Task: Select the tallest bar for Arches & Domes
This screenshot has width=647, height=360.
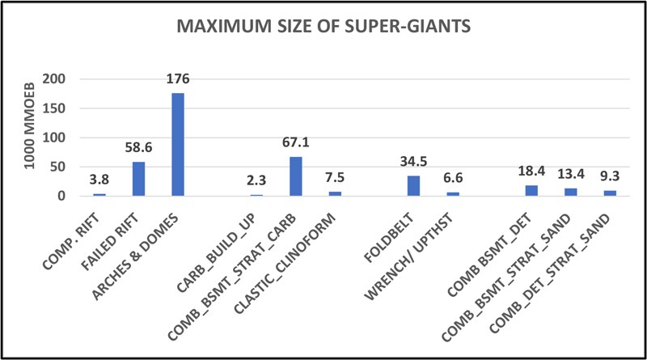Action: coord(178,145)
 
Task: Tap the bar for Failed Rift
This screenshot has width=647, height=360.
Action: coord(138,179)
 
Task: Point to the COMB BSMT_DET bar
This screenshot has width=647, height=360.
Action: coord(531,191)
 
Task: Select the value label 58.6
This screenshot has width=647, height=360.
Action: coord(138,148)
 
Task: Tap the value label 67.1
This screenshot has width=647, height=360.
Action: coord(295,143)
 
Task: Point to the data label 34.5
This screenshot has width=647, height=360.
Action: coord(413,162)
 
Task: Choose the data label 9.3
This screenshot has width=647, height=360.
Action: coord(610,177)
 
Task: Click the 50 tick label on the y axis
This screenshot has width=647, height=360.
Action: coord(69,167)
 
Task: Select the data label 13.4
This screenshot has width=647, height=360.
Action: coord(571,175)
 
